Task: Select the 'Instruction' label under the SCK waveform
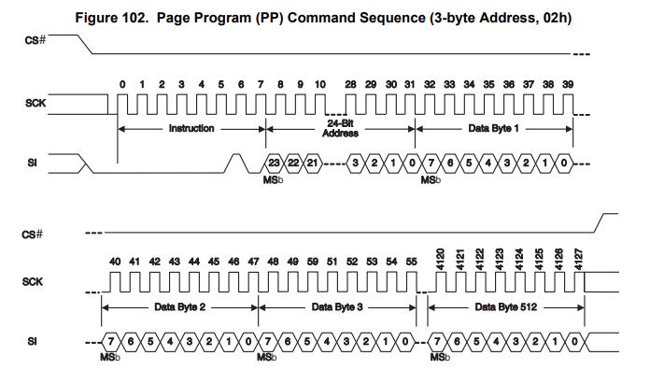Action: point(191,128)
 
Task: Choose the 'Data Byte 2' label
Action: point(179,306)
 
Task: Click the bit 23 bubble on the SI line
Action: point(274,164)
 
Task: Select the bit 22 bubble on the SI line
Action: point(293,164)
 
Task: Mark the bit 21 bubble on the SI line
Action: point(313,164)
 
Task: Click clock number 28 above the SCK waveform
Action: point(350,85)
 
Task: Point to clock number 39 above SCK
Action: point(568,85)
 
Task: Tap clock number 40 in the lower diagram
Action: point(116,262)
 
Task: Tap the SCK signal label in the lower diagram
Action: point(34,280)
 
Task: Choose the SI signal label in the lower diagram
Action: point(32,342)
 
